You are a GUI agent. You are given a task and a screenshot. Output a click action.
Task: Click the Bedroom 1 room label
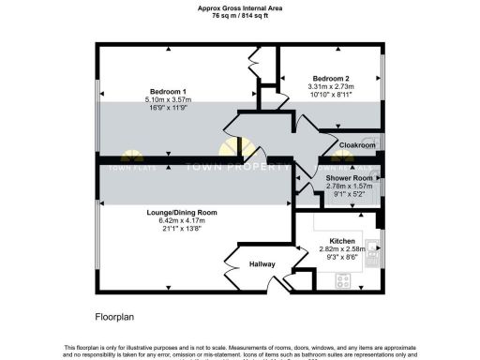pos(169,90)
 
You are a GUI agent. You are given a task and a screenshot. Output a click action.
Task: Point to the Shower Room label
pos(349,178)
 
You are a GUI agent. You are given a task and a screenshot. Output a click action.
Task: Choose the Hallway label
pos(262,264)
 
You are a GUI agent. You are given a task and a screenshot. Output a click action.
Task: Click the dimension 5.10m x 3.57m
pos(169,99)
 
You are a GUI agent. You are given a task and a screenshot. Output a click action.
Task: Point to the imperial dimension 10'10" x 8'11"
pos(333,96)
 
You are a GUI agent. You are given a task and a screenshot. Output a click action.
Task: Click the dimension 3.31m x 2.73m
pos(333,87)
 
